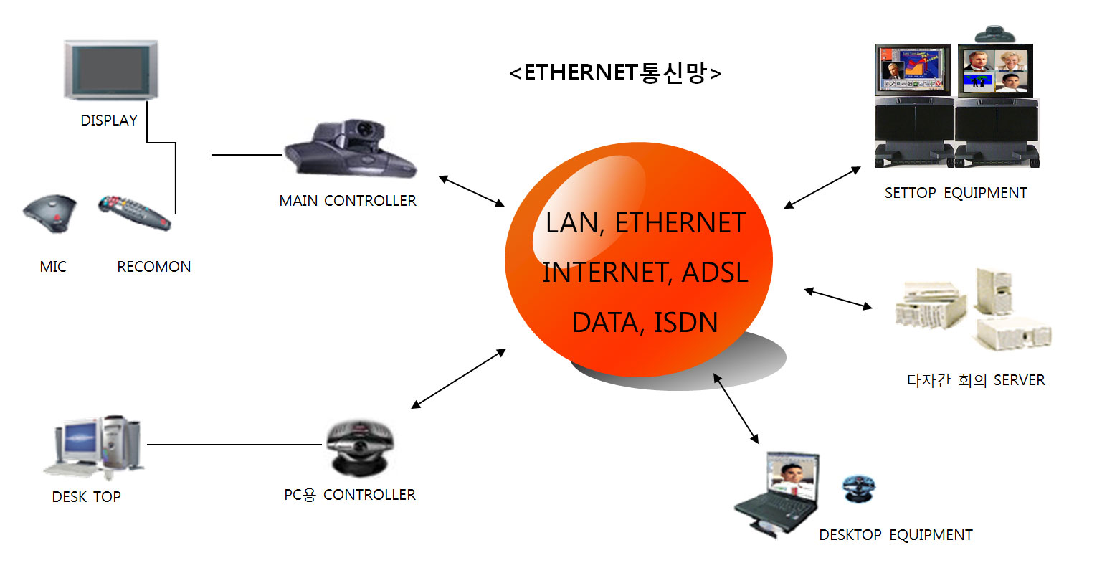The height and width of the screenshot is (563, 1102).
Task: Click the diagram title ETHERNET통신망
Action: pyautogui.click(x=615, y=72)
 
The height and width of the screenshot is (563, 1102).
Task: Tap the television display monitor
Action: pyautogui.click(x=111, y=70)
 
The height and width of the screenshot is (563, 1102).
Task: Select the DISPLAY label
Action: pyautogui.click(x=109, y=120)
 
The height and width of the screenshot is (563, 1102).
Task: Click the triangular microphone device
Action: pyautogui.click(x=49, y=212)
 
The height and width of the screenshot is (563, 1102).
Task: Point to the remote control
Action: pyautogui.click(x=134, y=212)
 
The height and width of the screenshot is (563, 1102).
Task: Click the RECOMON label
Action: pyautogui.click(x=153, y=267)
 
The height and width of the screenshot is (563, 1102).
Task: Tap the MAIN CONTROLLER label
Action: pyautogui.click(x=348, y=201)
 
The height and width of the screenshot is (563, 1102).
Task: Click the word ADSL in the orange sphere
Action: pyautogui.click(x=715, y=273)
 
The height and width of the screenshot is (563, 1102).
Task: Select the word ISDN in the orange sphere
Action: pyautogui.click(x=685, y=323)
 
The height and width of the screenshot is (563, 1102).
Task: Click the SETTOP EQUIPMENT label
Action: pyautogui.click(x=955, y=193)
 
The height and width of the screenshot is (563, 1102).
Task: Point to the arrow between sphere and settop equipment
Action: pyautogui.click(x=822, y=188)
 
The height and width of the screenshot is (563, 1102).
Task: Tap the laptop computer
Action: pyautogui.click(x=777, y=492)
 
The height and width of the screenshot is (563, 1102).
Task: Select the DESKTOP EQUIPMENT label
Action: pyautogui.click(x=896, y=535)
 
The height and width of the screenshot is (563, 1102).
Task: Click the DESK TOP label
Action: pyautogui.click(x=86, y=497)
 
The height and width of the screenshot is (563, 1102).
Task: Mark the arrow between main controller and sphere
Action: pyautogui.click(x=471, y=191)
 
